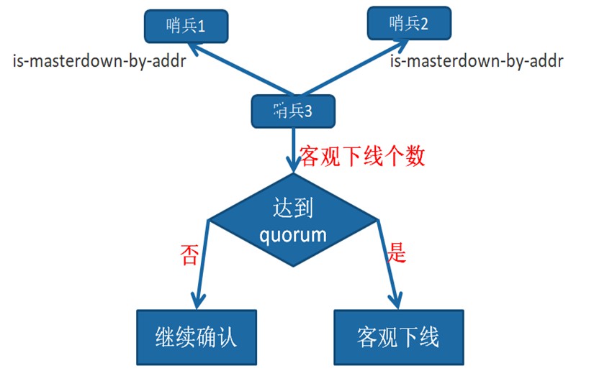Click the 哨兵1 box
[x=186, y=26]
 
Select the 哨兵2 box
[x=409, y=23]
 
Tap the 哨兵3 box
[x=293, y=111]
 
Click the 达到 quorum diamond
[x=293, y=220]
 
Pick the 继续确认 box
[x=197, y=337]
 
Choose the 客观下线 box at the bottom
[x=399, y=337]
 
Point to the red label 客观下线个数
[x=362, y=156]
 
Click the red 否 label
[x=189, y=254]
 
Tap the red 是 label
[x=396, y=252]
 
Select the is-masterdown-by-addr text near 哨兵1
[x=99, y=60]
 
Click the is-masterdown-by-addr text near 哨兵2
[x=477, y=60]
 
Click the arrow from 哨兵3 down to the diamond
[x=293, y=150]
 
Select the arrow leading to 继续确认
[x=203, y=264]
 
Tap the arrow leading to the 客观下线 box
[x=387, y=264]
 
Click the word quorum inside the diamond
[x=293, y=235]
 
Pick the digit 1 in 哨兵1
[x=201, y=27]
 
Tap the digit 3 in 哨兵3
[x=307, y=111]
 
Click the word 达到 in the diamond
[x=293, y=207]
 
